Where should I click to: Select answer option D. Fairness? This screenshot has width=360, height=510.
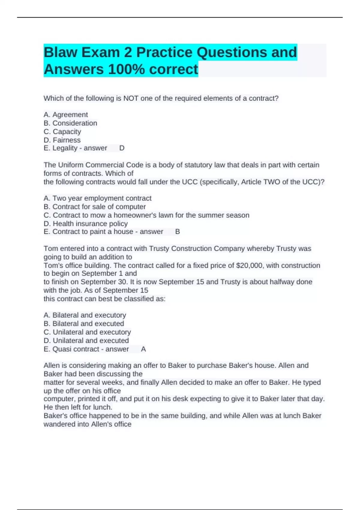[62, 140]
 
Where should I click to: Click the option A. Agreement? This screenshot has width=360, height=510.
[66, 115]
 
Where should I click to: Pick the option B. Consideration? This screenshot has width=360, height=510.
[70, 123]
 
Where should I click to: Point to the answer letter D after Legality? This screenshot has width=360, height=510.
[122, 148]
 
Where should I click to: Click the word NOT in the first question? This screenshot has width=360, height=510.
[131, 98]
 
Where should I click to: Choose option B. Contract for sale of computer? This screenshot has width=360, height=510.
[94, 207]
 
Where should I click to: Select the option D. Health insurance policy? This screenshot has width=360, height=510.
[85, 223]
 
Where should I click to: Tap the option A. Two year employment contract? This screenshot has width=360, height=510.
[97, 198]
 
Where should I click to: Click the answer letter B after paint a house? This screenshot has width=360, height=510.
[178, 232]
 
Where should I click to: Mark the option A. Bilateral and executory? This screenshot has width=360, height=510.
[85, 315]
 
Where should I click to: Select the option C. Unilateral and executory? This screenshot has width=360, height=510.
[87, 332]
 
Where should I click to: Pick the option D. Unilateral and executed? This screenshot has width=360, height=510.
[86, 340]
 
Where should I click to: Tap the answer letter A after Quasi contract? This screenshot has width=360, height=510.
[143, 349]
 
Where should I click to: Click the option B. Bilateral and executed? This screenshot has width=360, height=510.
[84, 324]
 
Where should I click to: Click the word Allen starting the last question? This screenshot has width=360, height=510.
[52, 365]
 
